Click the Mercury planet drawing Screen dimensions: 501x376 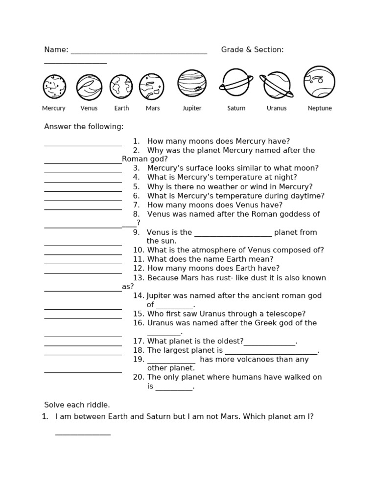pos(54,87)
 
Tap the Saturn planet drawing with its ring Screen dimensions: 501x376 pos(236,82)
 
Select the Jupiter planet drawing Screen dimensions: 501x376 pos(192,83)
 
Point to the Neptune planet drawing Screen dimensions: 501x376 pos(319,82)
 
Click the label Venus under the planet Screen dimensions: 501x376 pos(89,108)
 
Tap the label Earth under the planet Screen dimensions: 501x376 pos(122,108)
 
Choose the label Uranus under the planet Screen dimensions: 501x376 pos(277,108)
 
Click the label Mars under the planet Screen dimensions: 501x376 pos(153,108)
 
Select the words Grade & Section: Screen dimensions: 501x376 pos(252,49)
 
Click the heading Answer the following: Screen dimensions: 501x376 pos(84,127)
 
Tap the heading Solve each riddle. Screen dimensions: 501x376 pos(77,405)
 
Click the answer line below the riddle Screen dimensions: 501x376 pos(83,434)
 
